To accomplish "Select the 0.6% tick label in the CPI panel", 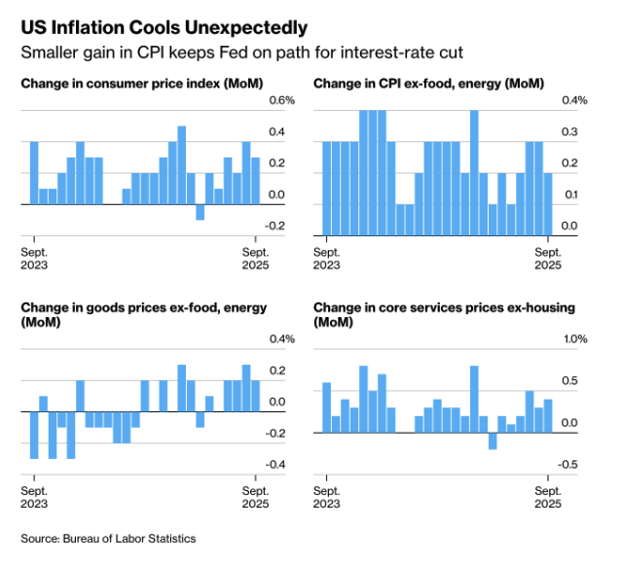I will point(281,100).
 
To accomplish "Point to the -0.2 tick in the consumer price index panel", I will point(276,226).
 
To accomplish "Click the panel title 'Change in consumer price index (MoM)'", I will point(141,84).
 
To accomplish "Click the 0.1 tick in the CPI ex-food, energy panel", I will point(569,194).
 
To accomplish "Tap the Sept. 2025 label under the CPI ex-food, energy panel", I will point(547,258).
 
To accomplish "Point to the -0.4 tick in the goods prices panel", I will point(276,464).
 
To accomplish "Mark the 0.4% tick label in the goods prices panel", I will point(281,338).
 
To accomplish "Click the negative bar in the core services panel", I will point(493,441).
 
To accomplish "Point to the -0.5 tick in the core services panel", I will point(569,464).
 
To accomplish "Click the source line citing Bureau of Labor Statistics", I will point(109,538).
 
